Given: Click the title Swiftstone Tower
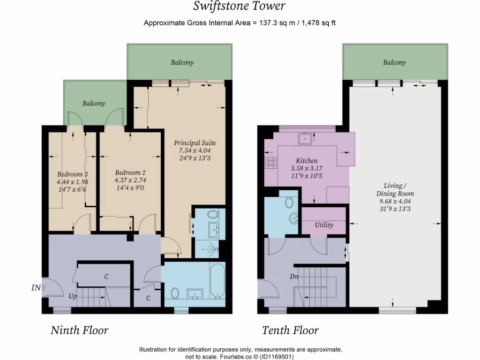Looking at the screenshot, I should click(240, 6).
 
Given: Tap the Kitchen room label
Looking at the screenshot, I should click(307, 161).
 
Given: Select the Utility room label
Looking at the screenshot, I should click(324, 225).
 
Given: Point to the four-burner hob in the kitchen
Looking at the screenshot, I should click(271, 163).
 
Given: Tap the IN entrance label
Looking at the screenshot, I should click(36, 288).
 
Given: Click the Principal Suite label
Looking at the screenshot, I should click(195, 143).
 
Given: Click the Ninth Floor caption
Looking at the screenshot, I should click(79, 330).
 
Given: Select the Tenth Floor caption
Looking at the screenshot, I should click(290, 330).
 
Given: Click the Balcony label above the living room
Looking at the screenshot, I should click(394, 62).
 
